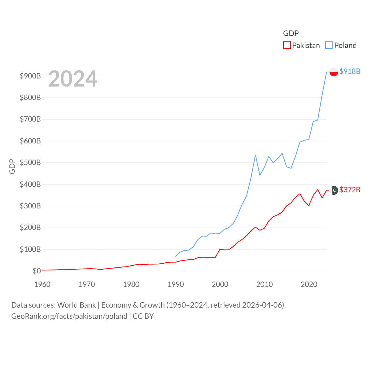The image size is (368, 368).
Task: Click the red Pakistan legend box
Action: [287, 45]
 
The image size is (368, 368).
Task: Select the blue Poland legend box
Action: [329, 45]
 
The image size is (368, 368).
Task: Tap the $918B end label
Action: [350, 71]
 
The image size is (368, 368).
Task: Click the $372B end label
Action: [350, 190]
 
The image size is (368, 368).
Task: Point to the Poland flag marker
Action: [334, 72]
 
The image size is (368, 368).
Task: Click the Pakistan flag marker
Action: [334, 190]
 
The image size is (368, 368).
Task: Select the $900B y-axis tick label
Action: [30, 76]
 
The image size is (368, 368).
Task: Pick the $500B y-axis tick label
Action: [30, 162]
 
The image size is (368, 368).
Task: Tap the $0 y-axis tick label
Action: [37, 271]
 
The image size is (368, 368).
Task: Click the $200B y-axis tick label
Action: [30, 227]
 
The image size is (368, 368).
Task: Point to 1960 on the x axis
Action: [42, 284]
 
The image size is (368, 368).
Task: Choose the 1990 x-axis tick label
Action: [176, 284]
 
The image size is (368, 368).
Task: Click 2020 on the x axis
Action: [309, 284]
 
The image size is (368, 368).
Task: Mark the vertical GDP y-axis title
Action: [12, 166]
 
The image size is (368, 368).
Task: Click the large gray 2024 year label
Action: [73, 79]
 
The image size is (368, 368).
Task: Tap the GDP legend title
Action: [291, 33]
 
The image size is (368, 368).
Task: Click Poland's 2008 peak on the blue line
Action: [255, 155]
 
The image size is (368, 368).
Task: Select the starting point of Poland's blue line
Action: [176, 256]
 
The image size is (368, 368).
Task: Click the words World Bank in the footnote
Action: [76, 305]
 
